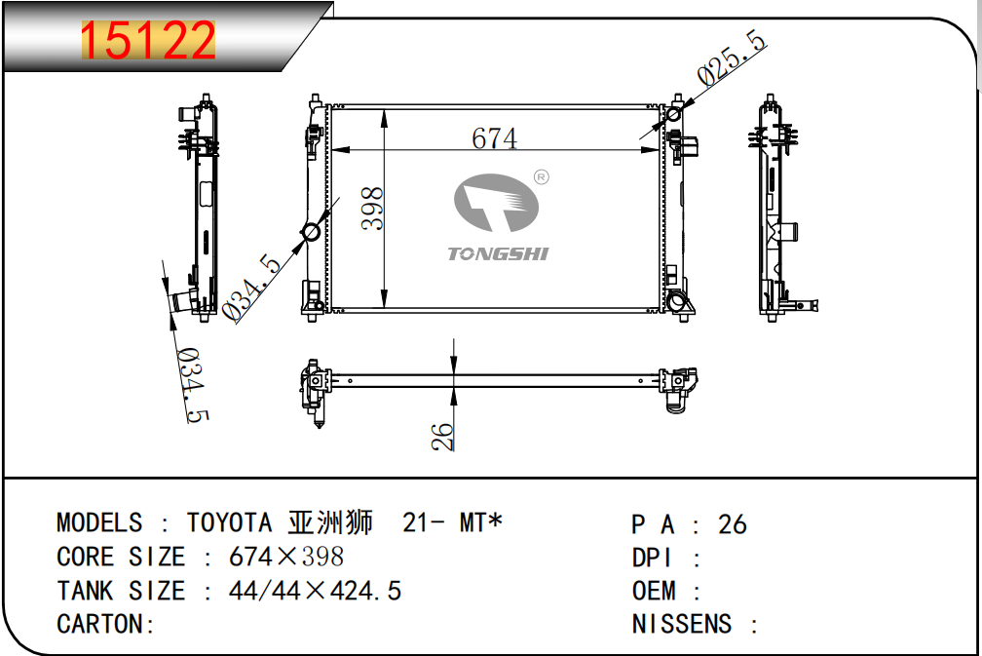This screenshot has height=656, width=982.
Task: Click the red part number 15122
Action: (148, 41)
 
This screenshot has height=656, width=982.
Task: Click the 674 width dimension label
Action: (494, 138)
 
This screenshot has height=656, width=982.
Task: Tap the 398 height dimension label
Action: (373, 208)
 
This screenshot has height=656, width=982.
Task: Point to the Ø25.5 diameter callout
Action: (732, 57)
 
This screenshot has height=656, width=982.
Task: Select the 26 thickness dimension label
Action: (442, 436)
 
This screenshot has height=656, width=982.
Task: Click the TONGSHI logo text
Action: (498, 253)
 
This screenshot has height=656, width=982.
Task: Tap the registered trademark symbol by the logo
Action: (541, 177)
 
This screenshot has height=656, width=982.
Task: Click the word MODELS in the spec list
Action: (99, 522)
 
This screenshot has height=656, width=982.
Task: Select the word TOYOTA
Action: (229, 522)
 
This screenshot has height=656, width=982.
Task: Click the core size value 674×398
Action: (286, 557)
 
